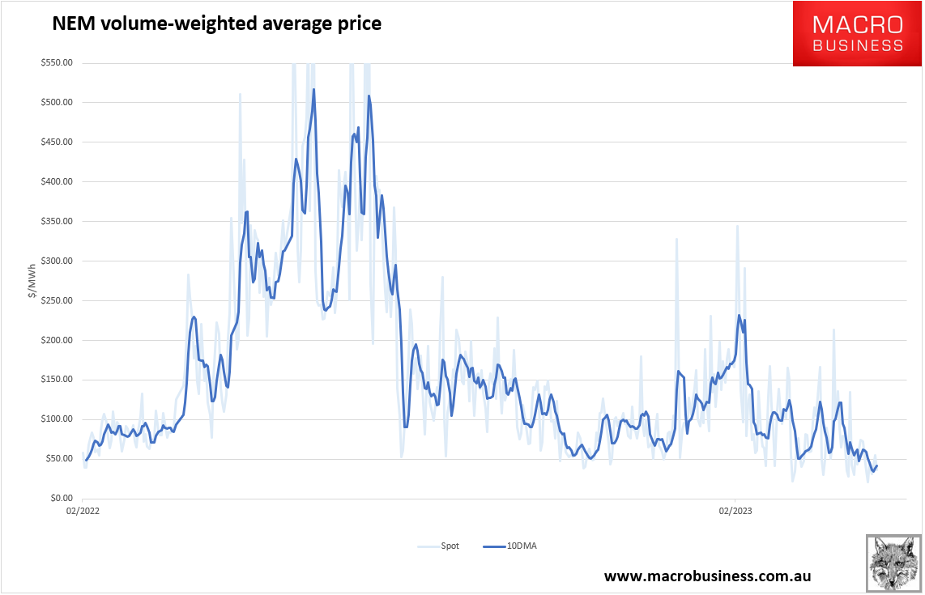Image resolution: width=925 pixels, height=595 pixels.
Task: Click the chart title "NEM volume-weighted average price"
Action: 216,24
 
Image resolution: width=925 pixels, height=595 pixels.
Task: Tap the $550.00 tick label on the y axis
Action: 58,63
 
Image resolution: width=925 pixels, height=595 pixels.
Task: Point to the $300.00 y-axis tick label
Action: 58,261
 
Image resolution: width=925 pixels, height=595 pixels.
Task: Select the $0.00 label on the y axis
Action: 61,499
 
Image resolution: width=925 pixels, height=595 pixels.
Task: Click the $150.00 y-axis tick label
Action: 58,380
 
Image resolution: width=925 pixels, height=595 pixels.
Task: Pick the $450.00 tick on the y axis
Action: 58,142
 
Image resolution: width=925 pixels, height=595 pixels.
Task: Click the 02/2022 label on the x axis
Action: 83,511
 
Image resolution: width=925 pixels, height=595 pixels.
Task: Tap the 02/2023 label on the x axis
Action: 735,511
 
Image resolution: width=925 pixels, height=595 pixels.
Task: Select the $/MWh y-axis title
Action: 33,280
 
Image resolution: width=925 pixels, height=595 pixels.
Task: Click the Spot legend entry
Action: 450,546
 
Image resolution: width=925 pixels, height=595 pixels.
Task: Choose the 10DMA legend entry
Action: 522,546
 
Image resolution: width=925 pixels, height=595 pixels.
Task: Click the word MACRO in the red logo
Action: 858,23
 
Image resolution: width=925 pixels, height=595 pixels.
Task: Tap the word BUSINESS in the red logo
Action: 858,45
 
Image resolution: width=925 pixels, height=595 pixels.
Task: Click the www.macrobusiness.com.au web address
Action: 707,576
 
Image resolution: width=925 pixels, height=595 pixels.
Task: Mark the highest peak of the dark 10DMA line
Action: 313,89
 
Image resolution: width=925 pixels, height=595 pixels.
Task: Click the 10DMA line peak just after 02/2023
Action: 740,315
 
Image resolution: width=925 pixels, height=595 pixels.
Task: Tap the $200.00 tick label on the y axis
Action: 58,340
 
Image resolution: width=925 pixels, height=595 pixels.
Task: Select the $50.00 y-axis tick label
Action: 59,459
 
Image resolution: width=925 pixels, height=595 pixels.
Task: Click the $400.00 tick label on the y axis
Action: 58,182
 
